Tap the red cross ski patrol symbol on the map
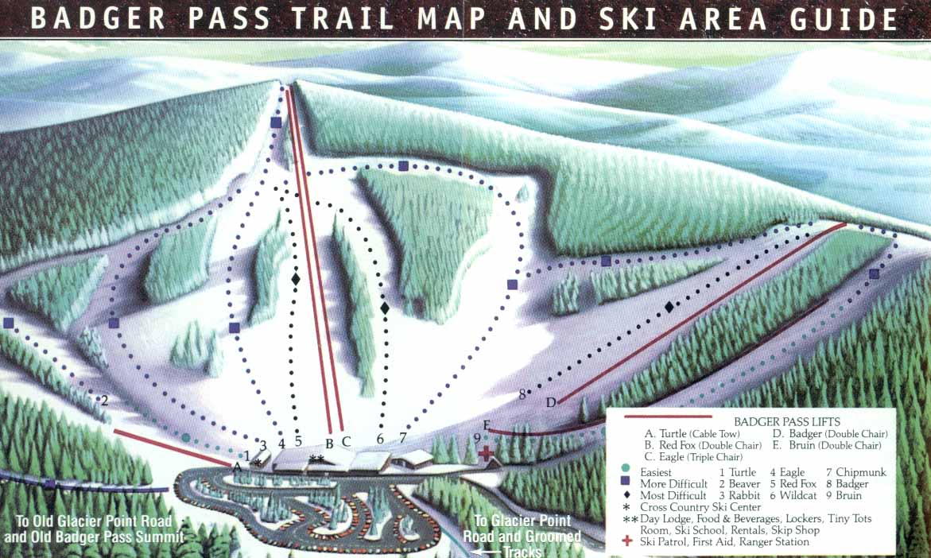pos(486,455)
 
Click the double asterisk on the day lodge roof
pos(316,459)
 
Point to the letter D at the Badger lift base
pos(550,402)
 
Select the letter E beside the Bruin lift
pos(486,424)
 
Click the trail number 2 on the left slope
pos(104,401)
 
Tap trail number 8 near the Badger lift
pos(522,393)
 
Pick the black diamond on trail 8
pos(669,307)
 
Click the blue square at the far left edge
pos(9,323)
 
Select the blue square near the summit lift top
pos(276,122)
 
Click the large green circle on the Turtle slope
pos(185,437)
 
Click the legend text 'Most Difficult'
pos(673,495)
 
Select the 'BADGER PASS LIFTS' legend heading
pos(787,421)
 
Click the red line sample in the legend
pos(668,417)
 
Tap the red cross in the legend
pos(628,541)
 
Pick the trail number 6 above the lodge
pos(380,438)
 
